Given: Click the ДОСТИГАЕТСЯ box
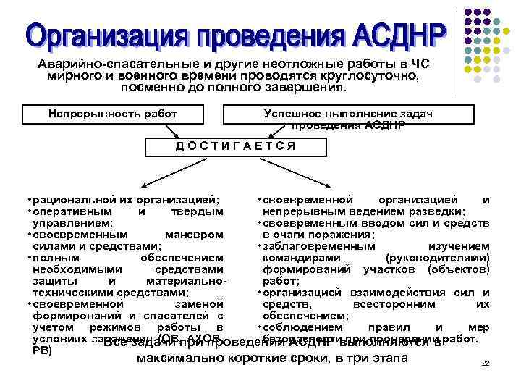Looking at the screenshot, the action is pos(235,146).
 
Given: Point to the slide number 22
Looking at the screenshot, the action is pos(486,363).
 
